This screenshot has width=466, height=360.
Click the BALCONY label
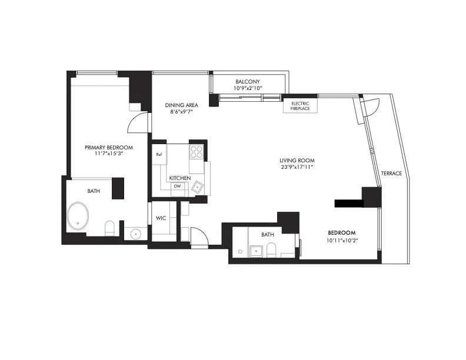248,81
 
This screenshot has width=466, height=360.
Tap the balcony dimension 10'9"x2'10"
248,88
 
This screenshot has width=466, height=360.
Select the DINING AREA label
181,105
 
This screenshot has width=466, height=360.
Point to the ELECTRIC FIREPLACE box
300,106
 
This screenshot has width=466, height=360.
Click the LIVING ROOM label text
297,160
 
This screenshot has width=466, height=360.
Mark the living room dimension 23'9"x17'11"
297,167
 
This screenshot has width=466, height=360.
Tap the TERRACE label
391,174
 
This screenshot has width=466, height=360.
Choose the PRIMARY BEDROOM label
108,147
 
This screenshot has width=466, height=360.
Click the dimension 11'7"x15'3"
108,154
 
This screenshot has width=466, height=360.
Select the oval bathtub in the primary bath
79,216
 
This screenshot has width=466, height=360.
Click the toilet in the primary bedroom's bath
109,228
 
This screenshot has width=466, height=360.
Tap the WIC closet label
161,218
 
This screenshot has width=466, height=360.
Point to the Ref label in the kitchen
159,155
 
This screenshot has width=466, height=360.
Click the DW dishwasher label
177,186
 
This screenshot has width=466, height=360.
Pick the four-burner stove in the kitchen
196,152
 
